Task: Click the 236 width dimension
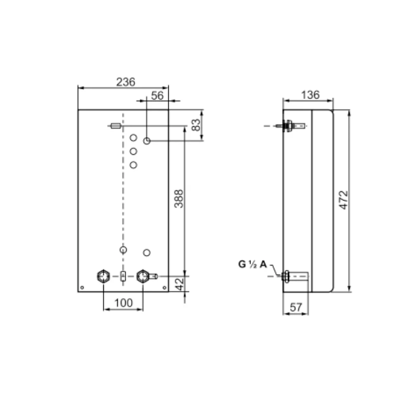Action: [x=126, y=82]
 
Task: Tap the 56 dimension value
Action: [x=157, y=96]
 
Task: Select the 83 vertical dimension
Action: [x=196, y=125]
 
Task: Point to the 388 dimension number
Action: [x=179, y=199]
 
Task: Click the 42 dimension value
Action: [x=180, y=284]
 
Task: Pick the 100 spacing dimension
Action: [x=124, y=303]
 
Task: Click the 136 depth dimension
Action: [x=310, y=95]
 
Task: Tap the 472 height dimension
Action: [x=344, y=200]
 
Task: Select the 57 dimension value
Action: [x=296, y=307]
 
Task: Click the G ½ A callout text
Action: [x=253, y=264]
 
